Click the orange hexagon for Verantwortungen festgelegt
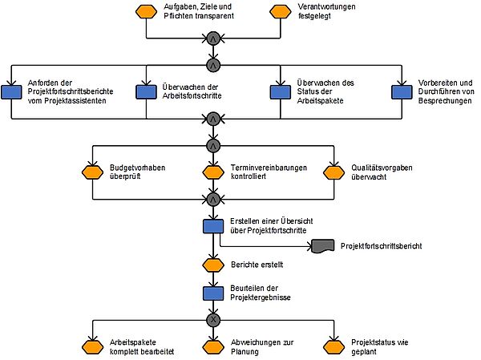pyautogui.click(x=280, y=12)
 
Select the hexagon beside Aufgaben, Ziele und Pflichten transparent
pyautogui.click(x=147, y=12)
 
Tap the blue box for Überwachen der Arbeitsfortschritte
pyautogui.click(x=147, y=92)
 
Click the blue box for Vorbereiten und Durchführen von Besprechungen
pyautogui.click(x=402, y=92)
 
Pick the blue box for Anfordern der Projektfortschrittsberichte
pyautogui.click(x=11, y=92)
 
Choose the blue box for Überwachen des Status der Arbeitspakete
pyautogui.click(x=280, y=92)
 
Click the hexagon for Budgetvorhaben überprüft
pyautogui.click(x=93, y=172)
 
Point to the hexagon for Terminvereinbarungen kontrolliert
pyautogui.click(x=213, y=172)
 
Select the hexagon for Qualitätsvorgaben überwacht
pyautogui.click(x=333, y=172)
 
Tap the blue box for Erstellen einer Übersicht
pyautogui.click(x=213, y=226)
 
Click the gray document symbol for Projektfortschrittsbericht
pyautogui.click(x=323, y=246)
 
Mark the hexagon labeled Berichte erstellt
pyautogui.click(x=213, y=265)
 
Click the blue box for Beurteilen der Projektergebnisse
pyautogui.click(x=213, y=293)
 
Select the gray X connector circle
pyautogui.click(x=213, y=320)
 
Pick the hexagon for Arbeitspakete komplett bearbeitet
pyautogui.click(x=93, y=347)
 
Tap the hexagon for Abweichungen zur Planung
pyautogui.click(x=213, y=347)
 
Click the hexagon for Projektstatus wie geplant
pyautogui.click(x=333, y=347)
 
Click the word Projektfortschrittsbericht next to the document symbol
pyautogui.click(x=382, y=246)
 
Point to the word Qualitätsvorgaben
pyautogui.click(x=382, y=168)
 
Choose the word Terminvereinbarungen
pyautogui.click(x=269, y=168)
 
